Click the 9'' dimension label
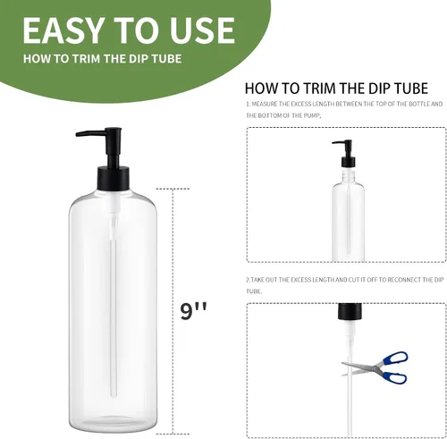(x=193, y=311)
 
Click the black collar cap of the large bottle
(x=114, y=179)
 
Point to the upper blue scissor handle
(x=395, y=359)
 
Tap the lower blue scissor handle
(x=394, y=377)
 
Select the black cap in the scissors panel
(x=350, y=311)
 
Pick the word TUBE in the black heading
(x=411, y=89)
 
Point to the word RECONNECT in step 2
(x=403, y=280)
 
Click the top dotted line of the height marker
(x=173, y=189)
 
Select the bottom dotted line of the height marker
(x=173, y=434)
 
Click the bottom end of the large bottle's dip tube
(x=114, y=396)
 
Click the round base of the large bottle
(x=113, y=425)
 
